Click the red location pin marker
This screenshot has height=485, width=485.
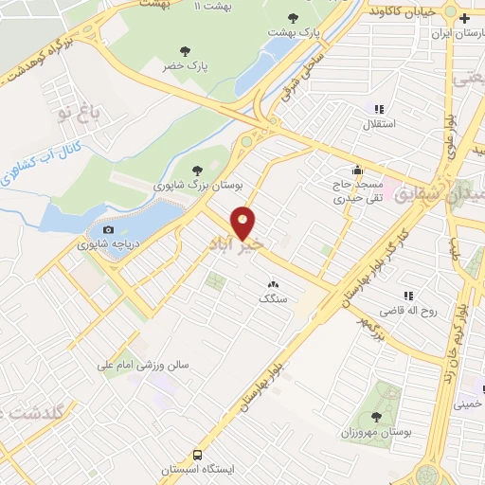[x=244, y=223]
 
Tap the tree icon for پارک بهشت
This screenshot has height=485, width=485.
[x=292, y=18]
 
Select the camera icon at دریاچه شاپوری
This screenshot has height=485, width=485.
[x=108, y=229]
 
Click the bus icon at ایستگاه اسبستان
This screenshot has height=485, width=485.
[x=197, y=454]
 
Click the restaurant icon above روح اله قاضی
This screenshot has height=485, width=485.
[x=408, y=296]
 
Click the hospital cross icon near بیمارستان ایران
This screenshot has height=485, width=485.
[x=463, y=18]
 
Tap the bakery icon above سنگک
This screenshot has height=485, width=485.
[x=273, y=282]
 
